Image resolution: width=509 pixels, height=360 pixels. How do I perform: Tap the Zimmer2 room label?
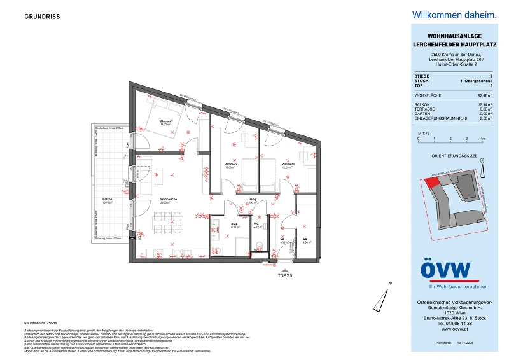pyautogui.click(x=231, y=165)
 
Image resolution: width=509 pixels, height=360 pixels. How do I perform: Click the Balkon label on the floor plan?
pyautogui.click(x=108, y=200)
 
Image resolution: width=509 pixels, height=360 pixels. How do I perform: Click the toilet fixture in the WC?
pyautogui.click(x=259, y=246)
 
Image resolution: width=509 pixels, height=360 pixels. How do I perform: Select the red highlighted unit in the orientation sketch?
pyautogui.click(x=432, y=181)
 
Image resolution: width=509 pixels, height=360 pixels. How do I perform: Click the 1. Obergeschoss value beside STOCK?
pyautogui.click(x=470, y=80)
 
